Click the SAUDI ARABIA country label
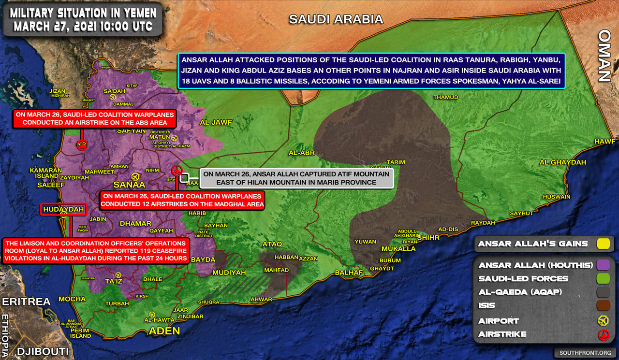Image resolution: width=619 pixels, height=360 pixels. [336, 19]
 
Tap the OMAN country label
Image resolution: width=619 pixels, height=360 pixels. [604, 56]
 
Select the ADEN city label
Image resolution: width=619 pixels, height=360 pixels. [164, 331]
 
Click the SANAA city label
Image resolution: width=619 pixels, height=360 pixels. [129, 185]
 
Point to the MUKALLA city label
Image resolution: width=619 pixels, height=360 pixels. [398, 249]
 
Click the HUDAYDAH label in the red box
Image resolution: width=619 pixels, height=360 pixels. [64, 209]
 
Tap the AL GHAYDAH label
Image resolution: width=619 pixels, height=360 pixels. [562, 162]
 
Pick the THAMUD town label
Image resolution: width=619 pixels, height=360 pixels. [445, 97]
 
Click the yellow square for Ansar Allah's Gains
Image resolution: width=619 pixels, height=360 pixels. [603, 244]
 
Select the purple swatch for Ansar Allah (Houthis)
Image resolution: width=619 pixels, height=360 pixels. [603, 265]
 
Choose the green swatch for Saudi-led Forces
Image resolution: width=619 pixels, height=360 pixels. [603, 279]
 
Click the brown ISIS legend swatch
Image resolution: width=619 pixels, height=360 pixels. [603, 305]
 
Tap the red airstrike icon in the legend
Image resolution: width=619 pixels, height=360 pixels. [603, 334]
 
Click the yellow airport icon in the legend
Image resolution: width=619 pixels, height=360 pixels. [603, 320]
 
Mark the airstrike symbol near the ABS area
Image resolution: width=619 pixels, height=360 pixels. [82, 144]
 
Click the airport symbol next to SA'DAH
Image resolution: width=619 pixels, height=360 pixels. [113, 97]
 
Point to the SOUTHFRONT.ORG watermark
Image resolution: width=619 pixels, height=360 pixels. [584, 353]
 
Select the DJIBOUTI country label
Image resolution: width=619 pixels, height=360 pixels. [43, 351]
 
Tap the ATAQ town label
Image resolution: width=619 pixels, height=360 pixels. [272, 244]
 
